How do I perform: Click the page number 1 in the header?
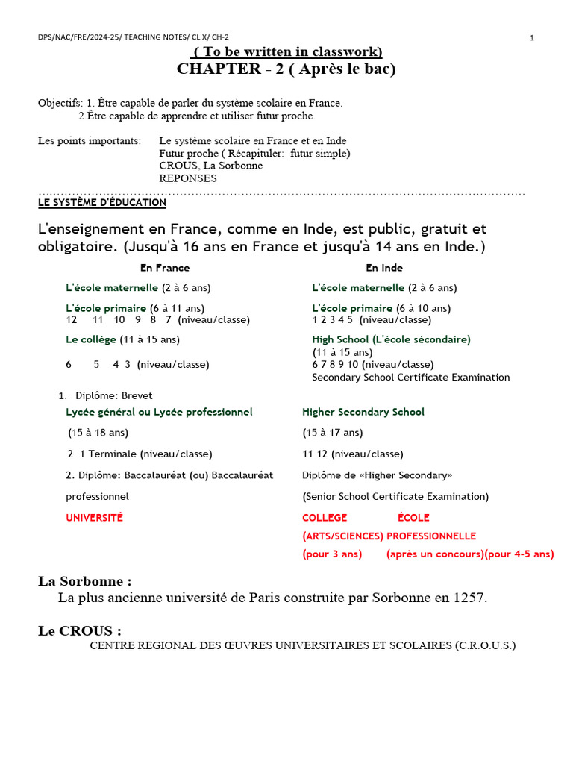coord(532,38)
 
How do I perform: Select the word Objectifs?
coord(60,103)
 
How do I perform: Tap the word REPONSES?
coord(188,178)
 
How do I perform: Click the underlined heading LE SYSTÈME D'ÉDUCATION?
coord(102,203)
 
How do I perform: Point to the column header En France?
coord(165,268)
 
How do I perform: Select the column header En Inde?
coord(384,268)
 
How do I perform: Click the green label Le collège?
coord(91,339)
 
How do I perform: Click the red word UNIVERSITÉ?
coord(95,518)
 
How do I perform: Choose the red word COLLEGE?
coord(325,518)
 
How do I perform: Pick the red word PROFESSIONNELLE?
coord(431,536)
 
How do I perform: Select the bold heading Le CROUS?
coord(78,631)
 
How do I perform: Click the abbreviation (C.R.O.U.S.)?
coord(485,645)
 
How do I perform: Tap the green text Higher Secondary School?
coord(363,412)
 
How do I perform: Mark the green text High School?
coord(341,339)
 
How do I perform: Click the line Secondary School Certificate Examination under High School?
coord(411,378)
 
